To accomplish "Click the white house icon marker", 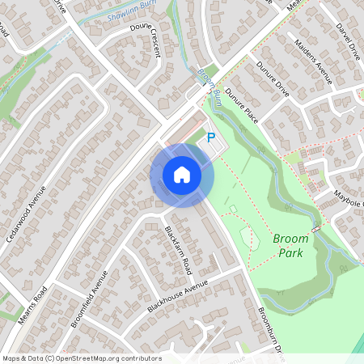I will click(181, 175).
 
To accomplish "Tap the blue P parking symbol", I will click(212, 138).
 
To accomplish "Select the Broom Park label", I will click(290, 246).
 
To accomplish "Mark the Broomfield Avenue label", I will click(88, 298).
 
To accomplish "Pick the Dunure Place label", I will click(241, 105).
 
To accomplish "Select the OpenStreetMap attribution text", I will click(82, 358).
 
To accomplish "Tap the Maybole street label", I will click(349, 198).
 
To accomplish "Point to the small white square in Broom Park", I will click(232, 209).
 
